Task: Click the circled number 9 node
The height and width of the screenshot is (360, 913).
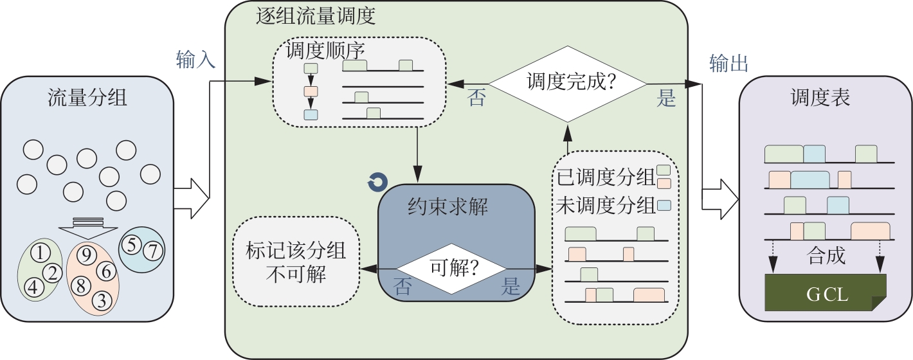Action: coord(87,256)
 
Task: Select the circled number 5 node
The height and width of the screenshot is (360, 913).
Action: coord(131,244)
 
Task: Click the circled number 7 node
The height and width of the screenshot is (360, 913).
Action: coord(152,251)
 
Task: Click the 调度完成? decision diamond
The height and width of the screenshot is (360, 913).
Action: coord(567,83)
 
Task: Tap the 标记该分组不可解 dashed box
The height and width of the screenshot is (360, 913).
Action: coord(296,262)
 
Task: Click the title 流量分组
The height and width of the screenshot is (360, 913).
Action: coord(87,98)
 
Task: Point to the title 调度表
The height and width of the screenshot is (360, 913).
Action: coord(820,98)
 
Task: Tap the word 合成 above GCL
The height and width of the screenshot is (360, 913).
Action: coord(826,257)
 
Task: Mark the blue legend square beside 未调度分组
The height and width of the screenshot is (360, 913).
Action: coord(664,206)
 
